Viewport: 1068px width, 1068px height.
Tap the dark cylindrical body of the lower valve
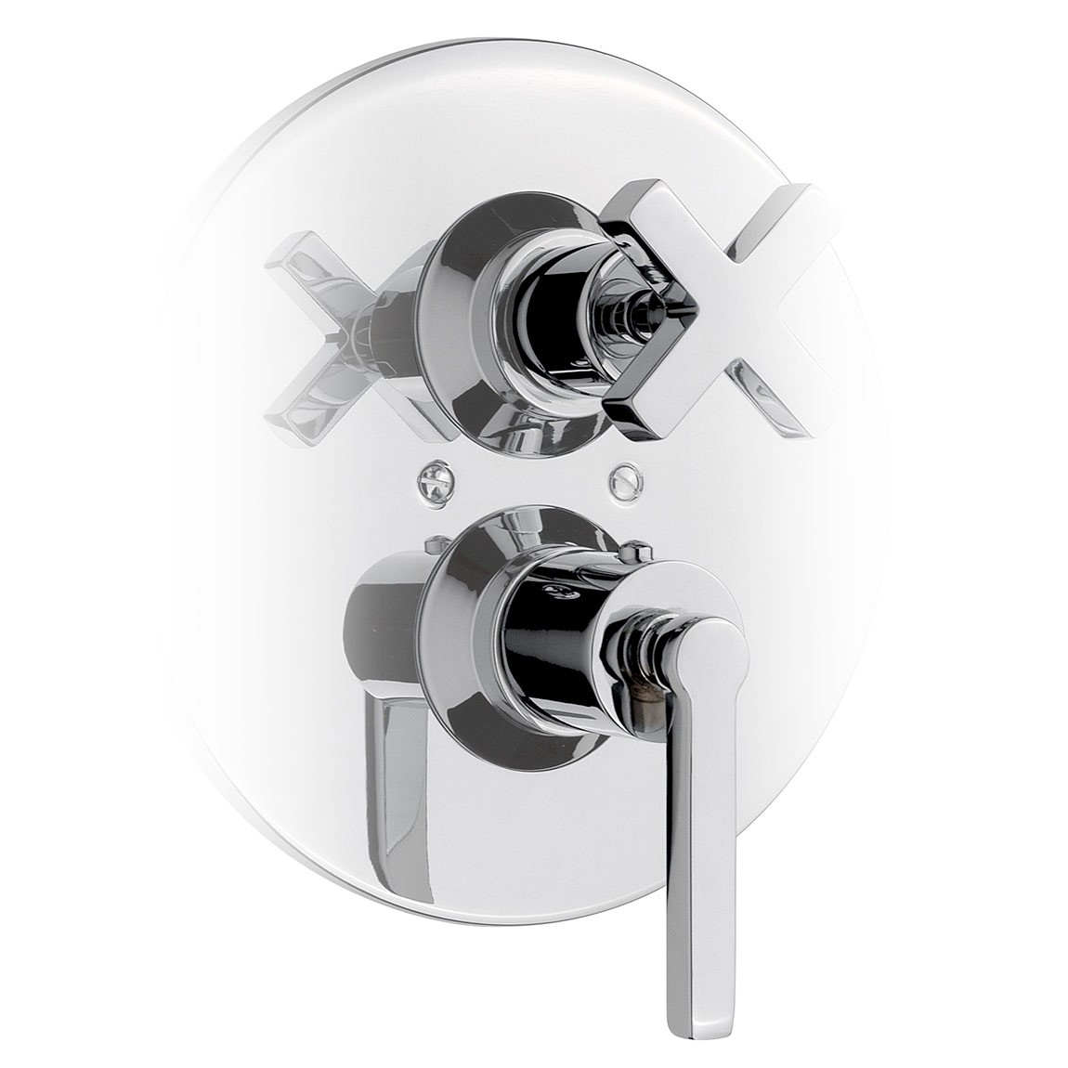[548, 641]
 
